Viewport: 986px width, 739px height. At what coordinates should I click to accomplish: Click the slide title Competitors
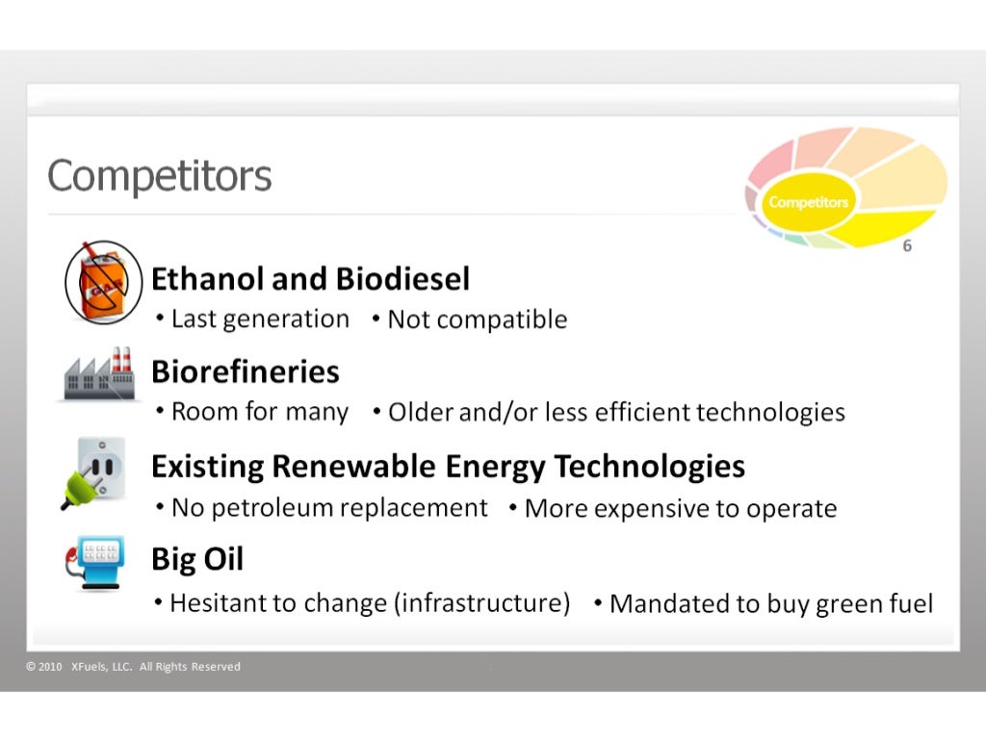(160, 176)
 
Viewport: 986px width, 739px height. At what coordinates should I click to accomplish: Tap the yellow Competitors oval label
(808, 202)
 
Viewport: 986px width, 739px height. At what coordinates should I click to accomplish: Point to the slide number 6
(907, 246)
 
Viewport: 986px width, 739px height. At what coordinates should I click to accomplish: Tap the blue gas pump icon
(96, 562)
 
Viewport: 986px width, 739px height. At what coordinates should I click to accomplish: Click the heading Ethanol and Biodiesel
(310, 279)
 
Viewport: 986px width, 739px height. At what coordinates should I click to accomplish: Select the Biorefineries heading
(246, 371)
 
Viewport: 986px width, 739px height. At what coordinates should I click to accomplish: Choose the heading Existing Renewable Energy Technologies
(448, 467)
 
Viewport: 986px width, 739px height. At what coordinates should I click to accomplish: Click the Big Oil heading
(197, 559)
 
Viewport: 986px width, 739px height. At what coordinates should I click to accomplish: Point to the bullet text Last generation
(259, 319)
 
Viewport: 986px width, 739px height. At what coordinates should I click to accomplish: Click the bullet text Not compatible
(477, 319)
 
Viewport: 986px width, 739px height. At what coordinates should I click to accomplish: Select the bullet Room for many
(259, 412)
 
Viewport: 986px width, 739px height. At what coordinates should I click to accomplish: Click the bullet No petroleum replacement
(328, 507)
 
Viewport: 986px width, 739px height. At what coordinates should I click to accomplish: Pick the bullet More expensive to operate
(680, 508)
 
